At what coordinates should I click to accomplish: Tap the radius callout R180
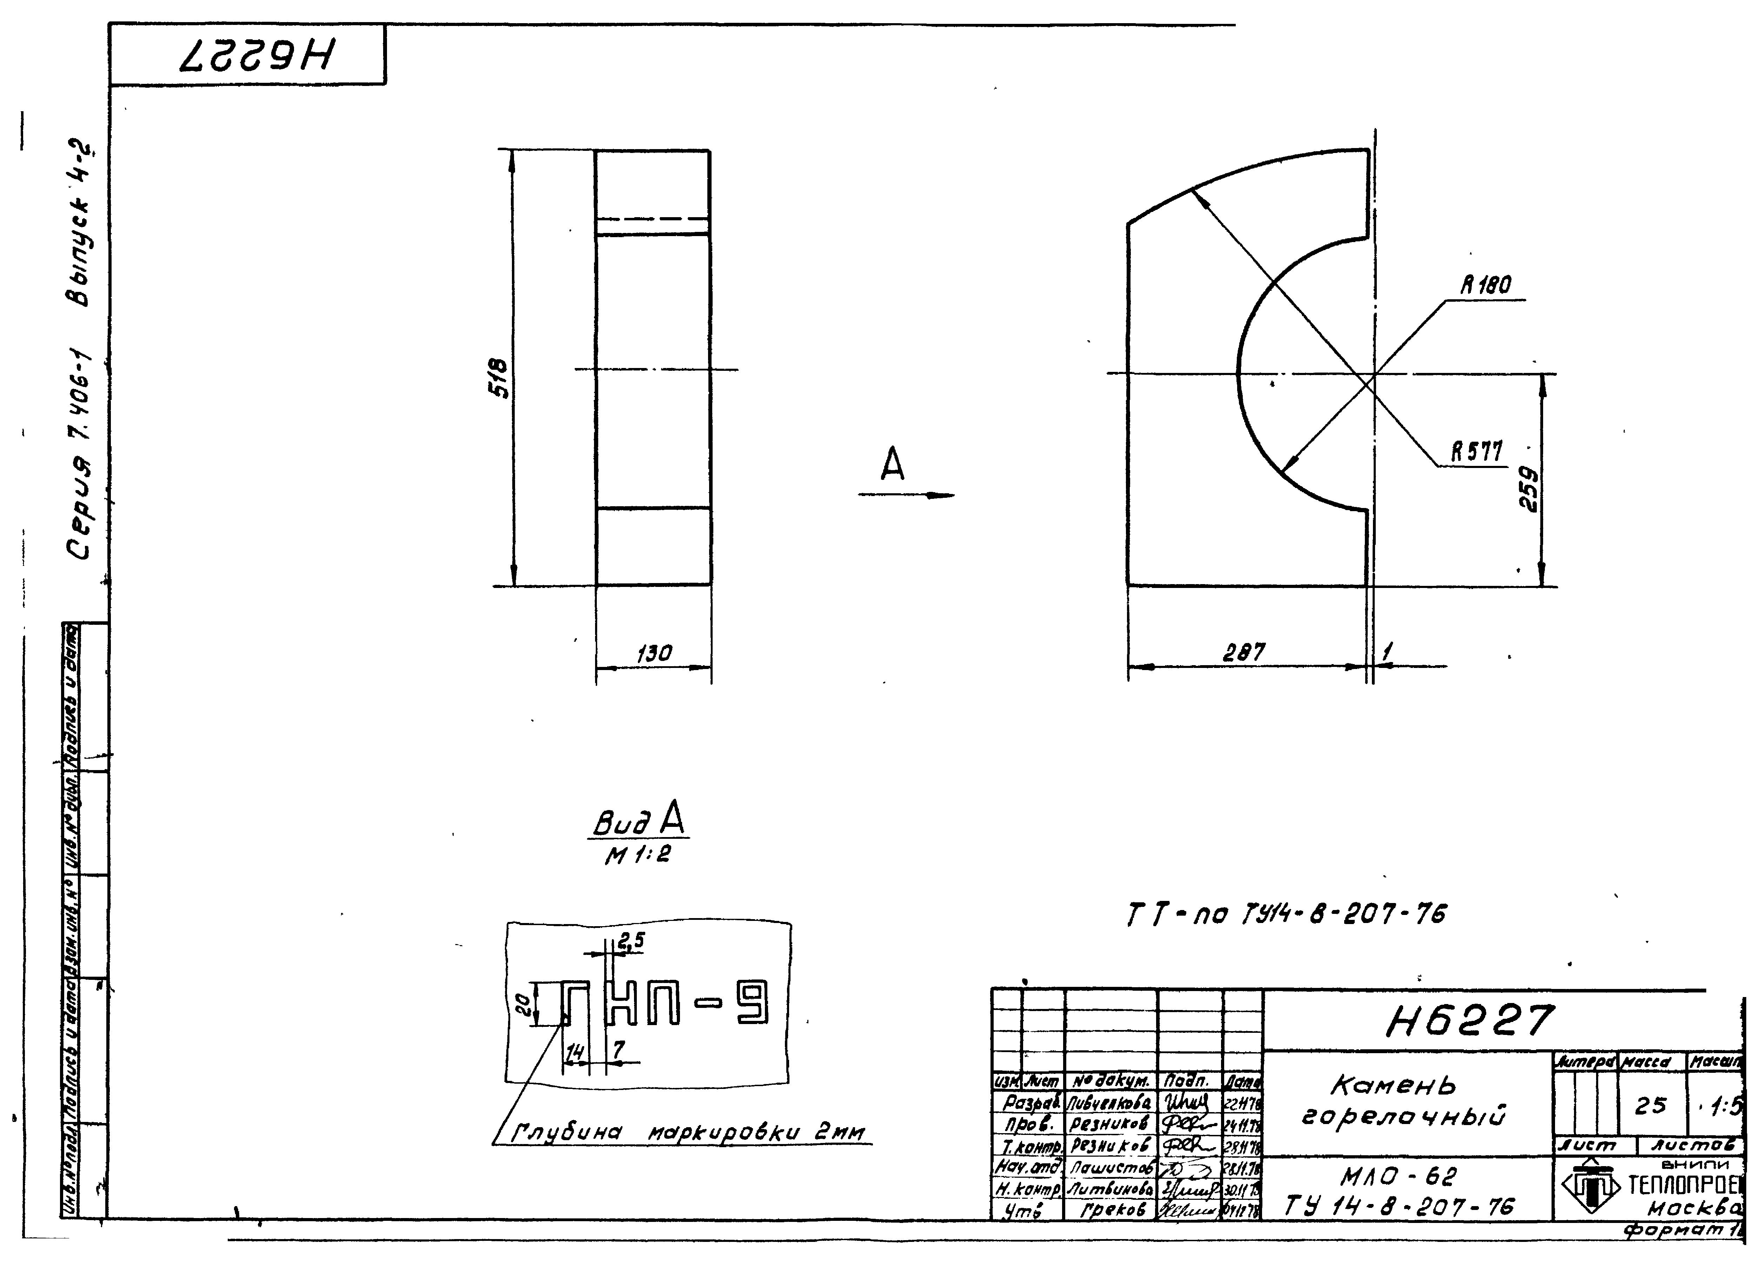point(1485,285)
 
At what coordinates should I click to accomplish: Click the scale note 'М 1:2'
point(638,855)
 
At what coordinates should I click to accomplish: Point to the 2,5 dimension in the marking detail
point(631,941)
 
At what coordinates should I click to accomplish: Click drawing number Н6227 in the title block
point(1469,1021)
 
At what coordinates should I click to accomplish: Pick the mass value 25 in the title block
point(1651,1105)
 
